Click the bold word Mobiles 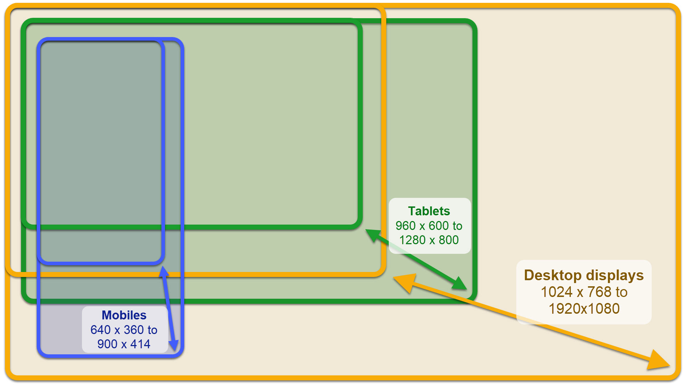point(124,315)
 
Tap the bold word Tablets point(429,211)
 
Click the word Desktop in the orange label point(553,275)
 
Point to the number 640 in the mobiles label point(100,330)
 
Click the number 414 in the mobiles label point(140,344)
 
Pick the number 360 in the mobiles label point(134,330)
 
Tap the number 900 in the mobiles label point(107,344)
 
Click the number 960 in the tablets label point(406,226)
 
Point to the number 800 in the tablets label point(449,240)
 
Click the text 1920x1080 point(584,308)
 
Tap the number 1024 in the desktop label point(557,292)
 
